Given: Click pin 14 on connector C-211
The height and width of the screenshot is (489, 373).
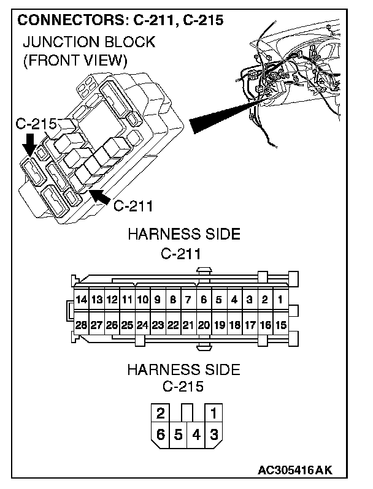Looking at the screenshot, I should click(x=81, y=300).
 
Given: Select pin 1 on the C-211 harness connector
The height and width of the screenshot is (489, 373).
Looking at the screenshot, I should click(x=280, y=300).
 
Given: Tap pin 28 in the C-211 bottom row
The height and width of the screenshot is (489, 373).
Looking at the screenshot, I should click(x=81, y=324).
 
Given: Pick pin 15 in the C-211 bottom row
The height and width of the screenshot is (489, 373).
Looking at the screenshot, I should click(x=280, y=324).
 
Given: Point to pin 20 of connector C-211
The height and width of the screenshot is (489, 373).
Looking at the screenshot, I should click(x=204, y=324).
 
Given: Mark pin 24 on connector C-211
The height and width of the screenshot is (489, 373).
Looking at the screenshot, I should click(x=142, y=324).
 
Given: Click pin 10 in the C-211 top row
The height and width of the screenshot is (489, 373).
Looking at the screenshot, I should click(x=142, y=300).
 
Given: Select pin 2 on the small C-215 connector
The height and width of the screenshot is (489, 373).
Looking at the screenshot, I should click(x=161, y=412).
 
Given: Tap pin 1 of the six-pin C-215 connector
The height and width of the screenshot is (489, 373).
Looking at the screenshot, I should click(x=213, y=412).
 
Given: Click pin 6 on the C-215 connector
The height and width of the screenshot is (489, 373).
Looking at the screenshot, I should click(x=161, y=435).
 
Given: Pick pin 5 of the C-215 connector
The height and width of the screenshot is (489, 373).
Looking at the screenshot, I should click(x=178, y=435).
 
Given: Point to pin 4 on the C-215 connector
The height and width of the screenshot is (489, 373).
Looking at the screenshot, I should click(x=196, y=435).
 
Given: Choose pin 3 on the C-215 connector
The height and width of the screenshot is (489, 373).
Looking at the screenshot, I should click(x=213, y=435).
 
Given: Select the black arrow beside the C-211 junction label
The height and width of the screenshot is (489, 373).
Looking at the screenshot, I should click(x=99, y=197).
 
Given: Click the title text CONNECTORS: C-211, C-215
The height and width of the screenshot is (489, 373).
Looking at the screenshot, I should click(x=121, y=20).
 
